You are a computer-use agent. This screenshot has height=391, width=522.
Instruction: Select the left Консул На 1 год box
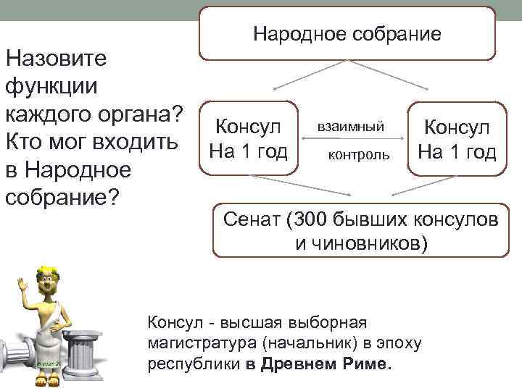pos(248,139)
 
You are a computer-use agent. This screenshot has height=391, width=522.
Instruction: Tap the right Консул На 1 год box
pos(456,139)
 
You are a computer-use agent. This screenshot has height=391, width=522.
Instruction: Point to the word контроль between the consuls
pos(358,154)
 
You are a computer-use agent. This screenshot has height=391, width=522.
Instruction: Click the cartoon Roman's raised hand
pos(21,284)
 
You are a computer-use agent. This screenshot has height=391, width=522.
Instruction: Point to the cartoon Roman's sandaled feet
pos(46,379)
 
